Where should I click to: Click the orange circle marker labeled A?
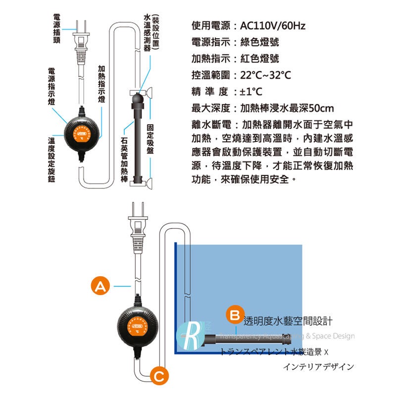pos(100,286)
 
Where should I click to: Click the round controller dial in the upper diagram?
pos(83,134)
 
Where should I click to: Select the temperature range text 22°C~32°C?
pos(265,76)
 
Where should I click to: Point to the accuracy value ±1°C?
pos(251,92)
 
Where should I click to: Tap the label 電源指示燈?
pos(51,87)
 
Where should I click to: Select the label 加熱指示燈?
pos(101,84)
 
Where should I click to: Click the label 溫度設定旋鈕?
pos(51,161)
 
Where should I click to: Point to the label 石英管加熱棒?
pos(124,161)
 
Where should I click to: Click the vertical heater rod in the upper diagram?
pos(137,144)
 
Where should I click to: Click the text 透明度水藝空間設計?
pos(287,321)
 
